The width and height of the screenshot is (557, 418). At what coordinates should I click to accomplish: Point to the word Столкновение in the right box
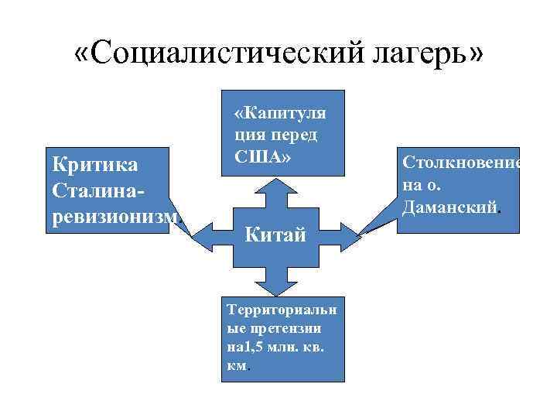461,165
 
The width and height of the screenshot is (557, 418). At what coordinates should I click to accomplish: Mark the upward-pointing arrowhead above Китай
275,186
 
